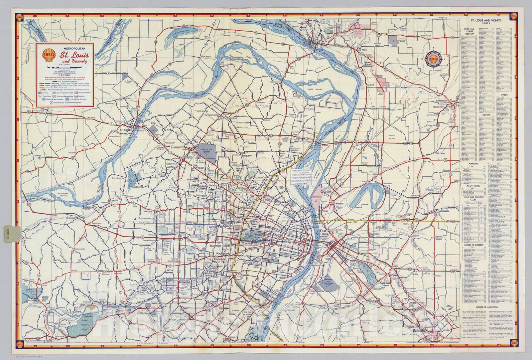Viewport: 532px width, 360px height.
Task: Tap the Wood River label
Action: (x=367, y=63)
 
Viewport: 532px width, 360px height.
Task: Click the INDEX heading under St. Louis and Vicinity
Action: (x=486, y=24)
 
